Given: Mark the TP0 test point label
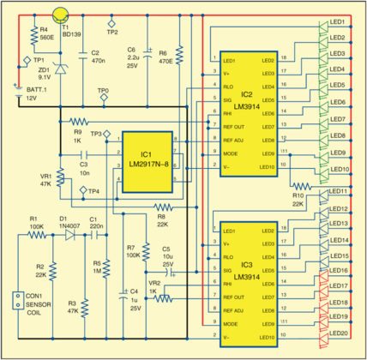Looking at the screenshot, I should pos(102,90).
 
